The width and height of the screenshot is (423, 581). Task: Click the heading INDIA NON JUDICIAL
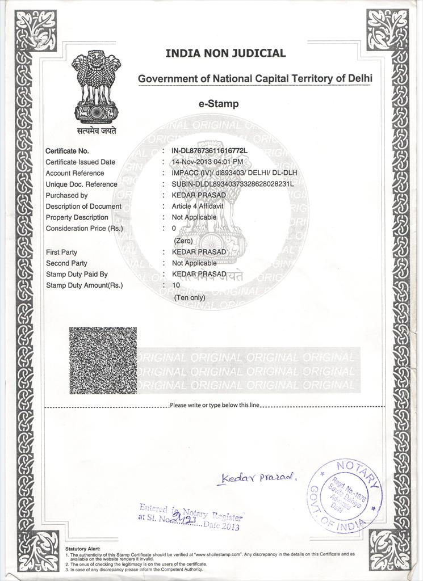(225, 53)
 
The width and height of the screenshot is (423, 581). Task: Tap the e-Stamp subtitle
(219, 104)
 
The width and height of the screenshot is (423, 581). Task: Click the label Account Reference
(75, 173)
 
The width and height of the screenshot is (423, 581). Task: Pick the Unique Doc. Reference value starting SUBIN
(232, 184)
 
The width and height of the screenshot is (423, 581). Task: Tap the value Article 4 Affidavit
(198, 207)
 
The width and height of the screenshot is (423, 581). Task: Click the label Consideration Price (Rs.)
(85, 229)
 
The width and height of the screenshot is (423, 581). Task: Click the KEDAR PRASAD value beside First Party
(199, 252)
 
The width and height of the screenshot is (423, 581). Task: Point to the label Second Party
(66, 263)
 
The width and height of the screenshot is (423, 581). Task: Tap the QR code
(103, 360)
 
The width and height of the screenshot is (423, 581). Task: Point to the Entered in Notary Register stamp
(190, 517)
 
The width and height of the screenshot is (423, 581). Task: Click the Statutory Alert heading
(83, 549)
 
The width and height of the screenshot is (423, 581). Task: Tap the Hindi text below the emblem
(97, 131)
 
